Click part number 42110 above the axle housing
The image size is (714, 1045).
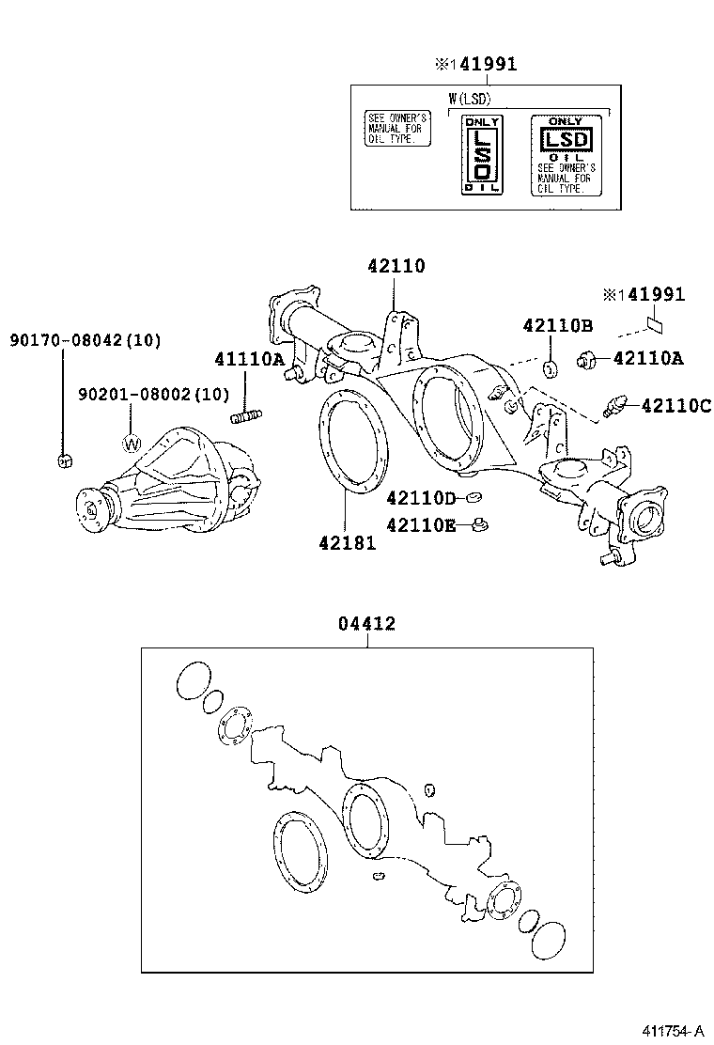coord(396,266)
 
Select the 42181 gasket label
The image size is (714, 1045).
coord(347,543)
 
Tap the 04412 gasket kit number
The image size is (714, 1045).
coord(366,623)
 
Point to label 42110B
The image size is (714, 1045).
coord(558,326)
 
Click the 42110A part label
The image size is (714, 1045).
coord(648,357)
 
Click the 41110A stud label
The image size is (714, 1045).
coord(248,358)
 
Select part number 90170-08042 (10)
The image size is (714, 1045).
coord(85,339)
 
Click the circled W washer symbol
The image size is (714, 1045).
coord(132,442)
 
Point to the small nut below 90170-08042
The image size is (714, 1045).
coord(63,460)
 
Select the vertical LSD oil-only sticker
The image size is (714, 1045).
coord(481,155)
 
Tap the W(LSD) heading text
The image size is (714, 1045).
coord(471,97)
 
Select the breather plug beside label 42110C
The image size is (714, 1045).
coord(614,406)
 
